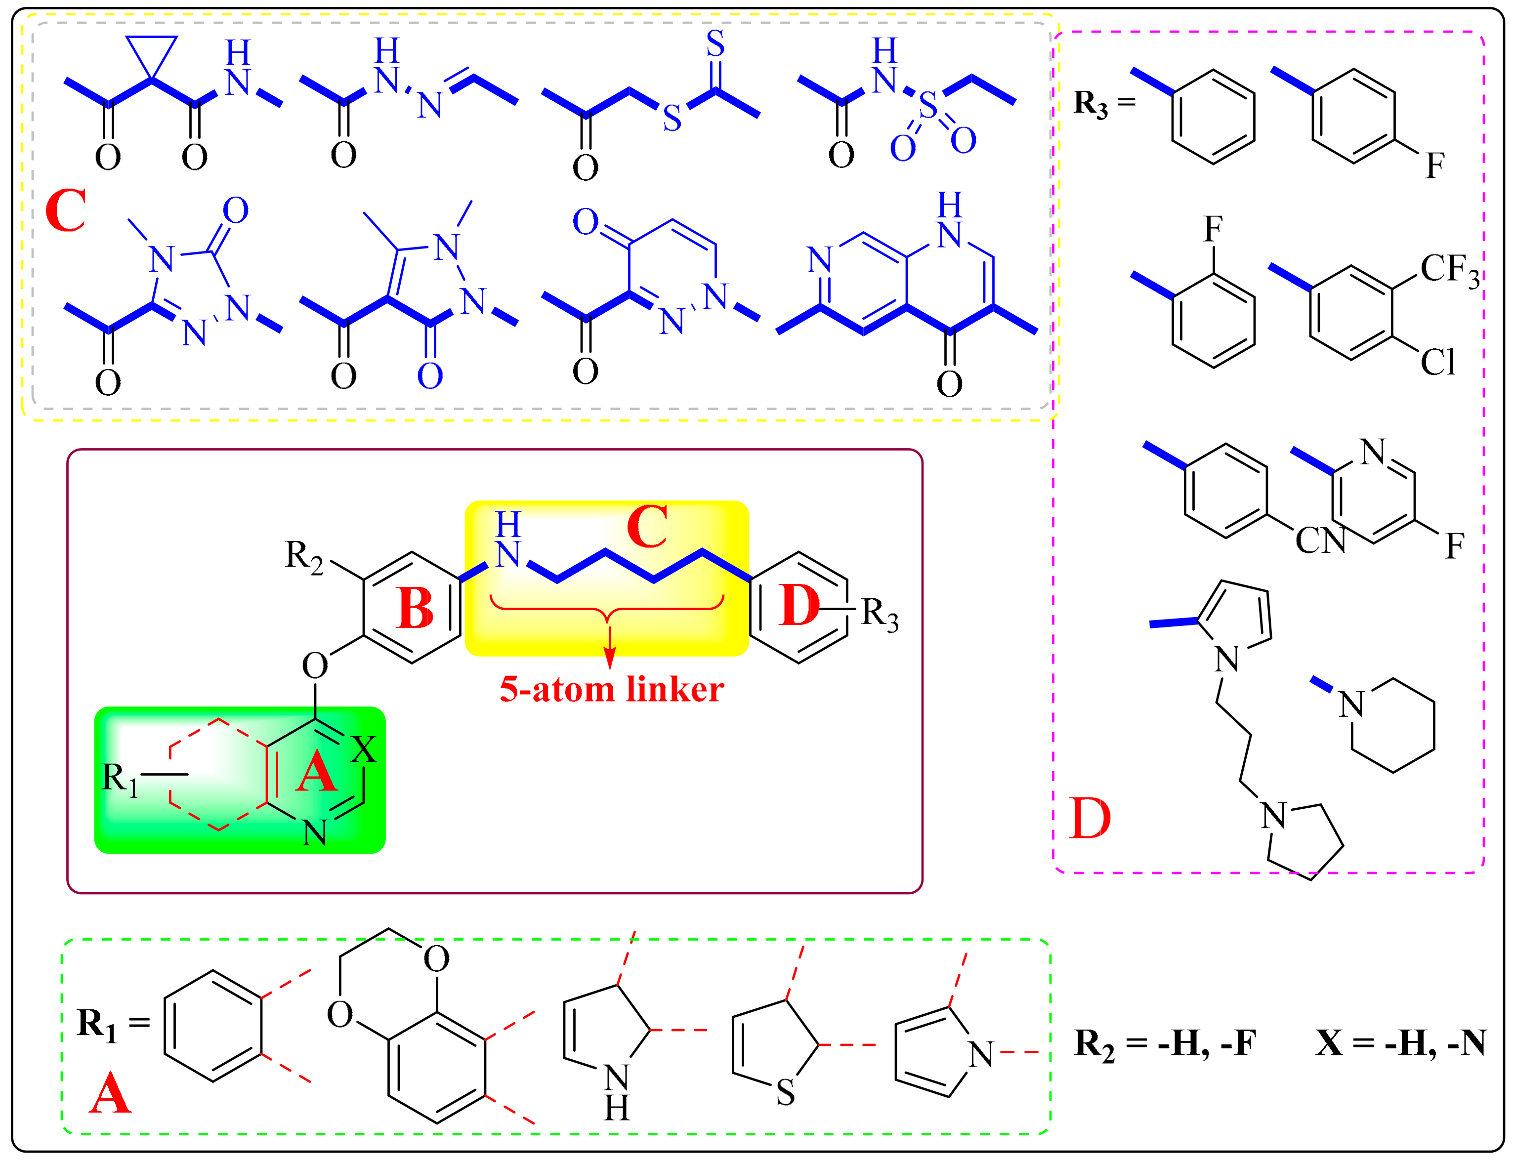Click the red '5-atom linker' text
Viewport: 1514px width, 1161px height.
612,690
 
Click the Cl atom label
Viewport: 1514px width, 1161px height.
1437,362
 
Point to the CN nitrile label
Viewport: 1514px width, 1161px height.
1320,541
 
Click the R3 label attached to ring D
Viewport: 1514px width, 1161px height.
880,614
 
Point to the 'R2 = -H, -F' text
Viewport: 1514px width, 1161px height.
1164,1043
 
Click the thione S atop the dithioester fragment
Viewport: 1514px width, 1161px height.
715,43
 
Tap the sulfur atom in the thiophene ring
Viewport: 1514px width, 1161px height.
786,1093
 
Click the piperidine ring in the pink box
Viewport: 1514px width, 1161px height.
1392,726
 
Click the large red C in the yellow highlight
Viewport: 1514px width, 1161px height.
647,527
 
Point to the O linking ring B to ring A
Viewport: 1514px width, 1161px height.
315,666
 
